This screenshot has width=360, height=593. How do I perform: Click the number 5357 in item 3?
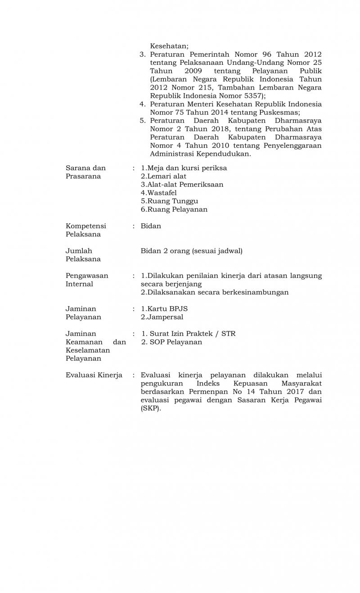(253, 96)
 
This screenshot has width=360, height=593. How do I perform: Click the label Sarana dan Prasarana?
(85, 172)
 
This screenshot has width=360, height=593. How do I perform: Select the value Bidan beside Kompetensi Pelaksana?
(151, 226)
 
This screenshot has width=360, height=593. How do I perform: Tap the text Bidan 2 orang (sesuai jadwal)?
(191, 251)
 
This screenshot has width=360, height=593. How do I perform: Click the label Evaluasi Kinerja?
(94, 375)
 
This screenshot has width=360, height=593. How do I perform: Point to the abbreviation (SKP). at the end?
(151, 409)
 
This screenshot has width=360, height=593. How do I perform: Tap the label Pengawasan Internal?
(87, 280)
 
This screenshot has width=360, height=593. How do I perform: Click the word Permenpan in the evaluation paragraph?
(205, 392)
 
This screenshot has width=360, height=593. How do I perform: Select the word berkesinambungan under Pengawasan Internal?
(252, 292)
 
